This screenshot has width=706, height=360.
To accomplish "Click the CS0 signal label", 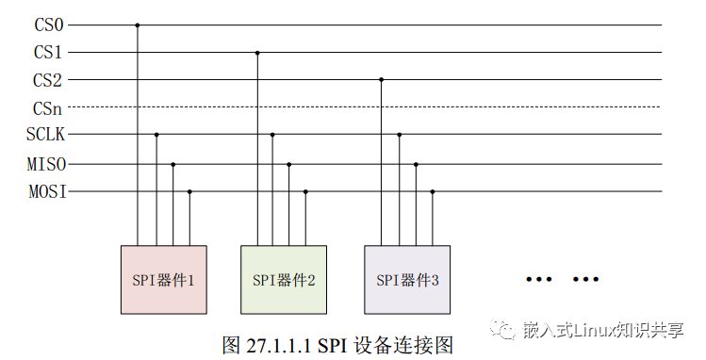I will point(48,25).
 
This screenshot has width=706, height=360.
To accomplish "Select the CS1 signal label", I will point(48,53).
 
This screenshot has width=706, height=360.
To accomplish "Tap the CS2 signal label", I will point(48,80).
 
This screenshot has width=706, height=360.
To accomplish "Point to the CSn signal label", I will point(48,107).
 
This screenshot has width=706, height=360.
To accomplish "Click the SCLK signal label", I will point(45,135).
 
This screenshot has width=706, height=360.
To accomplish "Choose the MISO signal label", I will point(46,165).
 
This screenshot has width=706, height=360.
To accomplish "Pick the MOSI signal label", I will point(46,192).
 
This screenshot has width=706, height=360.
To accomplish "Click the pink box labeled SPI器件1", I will point(164,279).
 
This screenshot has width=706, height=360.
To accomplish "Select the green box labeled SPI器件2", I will point(284,279).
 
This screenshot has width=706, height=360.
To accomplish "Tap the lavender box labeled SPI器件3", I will point(408,279).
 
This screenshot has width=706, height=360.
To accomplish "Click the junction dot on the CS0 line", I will point(138,25).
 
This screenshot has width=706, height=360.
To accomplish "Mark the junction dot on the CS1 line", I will point(256,53).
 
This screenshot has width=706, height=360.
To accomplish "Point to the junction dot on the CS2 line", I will point(382,80).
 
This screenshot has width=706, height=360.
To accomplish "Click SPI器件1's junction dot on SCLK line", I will point(156,135).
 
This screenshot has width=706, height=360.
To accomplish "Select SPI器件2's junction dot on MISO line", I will point(289,165).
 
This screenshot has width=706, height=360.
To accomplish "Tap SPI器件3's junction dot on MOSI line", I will point(433,192).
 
